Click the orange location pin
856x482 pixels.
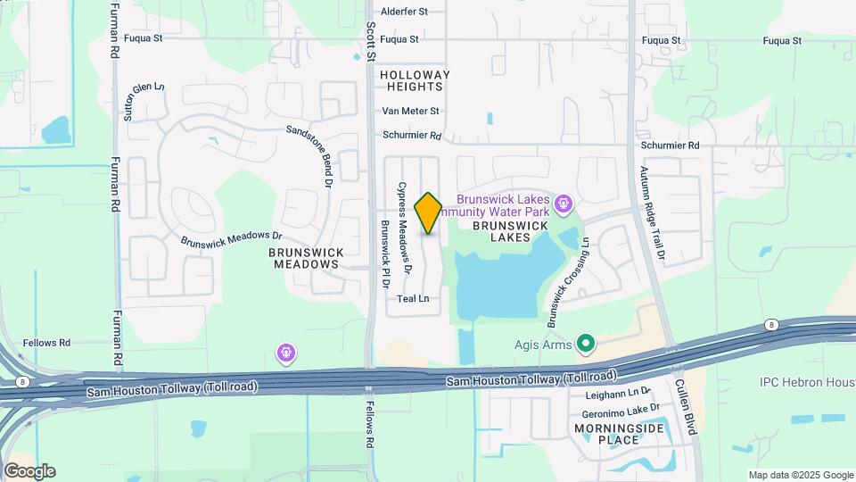pyautogui.click(x=429, y=212)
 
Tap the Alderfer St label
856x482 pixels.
pyautogui.click(x=405, y=12)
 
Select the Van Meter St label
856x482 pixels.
pyautogui.click(x=410, y=112)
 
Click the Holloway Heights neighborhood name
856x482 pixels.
pyautogui.click(x=415, y=80)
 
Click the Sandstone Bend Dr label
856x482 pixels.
pyautogui.click(x=309, y=153)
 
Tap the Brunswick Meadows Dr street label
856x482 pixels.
pyautogui.click(x=231, y=239)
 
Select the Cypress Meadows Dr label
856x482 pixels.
pyautogui.click(x=405, y=228)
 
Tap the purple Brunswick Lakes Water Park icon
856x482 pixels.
pyautogui.click(x=563, y=204)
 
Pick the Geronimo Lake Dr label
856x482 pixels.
pyautogui.click(x=621, y=408)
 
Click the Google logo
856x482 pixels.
pyautogui.click(x=29, y=470)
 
